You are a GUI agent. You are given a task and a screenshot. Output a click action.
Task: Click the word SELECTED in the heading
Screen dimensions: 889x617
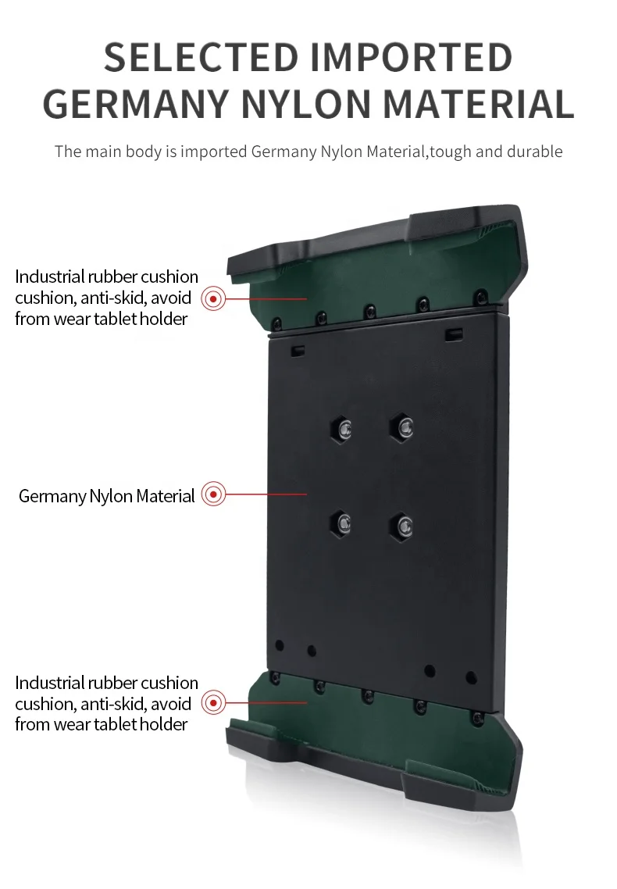point(201,57)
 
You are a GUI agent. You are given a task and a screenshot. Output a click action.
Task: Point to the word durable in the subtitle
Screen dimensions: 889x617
point(534,152)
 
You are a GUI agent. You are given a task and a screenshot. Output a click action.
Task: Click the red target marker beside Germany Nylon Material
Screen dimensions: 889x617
point(213,494)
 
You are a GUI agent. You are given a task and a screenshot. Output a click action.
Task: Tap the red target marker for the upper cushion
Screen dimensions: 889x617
point(213,298)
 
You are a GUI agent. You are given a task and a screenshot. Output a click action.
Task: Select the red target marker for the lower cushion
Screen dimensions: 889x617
point(213,703)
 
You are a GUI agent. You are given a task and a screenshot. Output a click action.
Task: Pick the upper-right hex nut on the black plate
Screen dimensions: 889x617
point(401,427)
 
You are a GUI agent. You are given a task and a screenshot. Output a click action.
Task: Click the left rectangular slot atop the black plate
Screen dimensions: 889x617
point(298,351)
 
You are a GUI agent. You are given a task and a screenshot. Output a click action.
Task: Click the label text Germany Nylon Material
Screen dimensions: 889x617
point(106,496)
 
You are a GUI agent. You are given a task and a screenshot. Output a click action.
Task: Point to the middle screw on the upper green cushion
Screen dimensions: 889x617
point(369,311)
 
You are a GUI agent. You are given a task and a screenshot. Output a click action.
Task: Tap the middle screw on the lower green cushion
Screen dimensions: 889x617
point(366,694)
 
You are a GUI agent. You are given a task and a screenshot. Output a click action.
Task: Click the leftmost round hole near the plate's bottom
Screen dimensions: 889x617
point(280,646)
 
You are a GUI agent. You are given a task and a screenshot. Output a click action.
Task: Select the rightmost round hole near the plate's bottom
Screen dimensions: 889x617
point(471,678)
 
